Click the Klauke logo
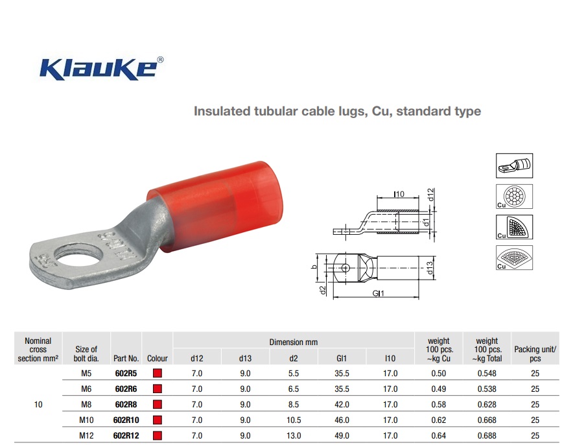(x=102, y=68)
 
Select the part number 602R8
(x=126, y=404)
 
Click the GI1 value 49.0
(x=342, y=435)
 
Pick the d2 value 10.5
(x=294, y=420)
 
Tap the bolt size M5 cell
(x=86, y=374)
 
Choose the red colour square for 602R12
(x=158, y=435)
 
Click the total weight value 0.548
(x=487, y=374)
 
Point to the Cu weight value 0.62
(x=439, y=420)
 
